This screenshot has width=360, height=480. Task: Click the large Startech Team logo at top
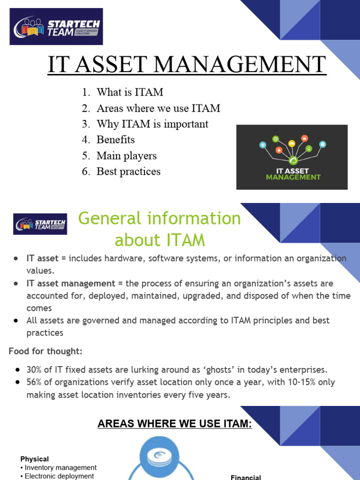click(56, 27)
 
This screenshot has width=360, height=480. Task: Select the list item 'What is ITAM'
click(130, 92)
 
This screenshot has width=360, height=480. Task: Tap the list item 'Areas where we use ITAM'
click(158, 108)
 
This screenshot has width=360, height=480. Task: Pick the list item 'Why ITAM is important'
click(152, 124)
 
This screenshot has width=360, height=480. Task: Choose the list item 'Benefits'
click(115, 140)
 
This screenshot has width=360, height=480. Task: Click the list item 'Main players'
click(127, 156)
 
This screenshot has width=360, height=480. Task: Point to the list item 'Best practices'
click(128, 172)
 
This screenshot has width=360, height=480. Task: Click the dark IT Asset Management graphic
click(292, 157)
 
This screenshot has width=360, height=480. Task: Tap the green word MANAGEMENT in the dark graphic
click(293, 177)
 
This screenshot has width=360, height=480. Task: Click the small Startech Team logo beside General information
click(40, 224)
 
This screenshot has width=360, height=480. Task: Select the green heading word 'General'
click(109, 218)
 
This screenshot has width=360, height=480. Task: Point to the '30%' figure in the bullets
click(35, 370)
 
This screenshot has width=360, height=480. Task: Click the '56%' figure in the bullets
click(35, 382)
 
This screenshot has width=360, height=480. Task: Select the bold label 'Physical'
click(34, 459)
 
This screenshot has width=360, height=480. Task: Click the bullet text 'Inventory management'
click(60, 468)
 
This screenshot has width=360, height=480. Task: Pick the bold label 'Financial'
click(246, 477)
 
